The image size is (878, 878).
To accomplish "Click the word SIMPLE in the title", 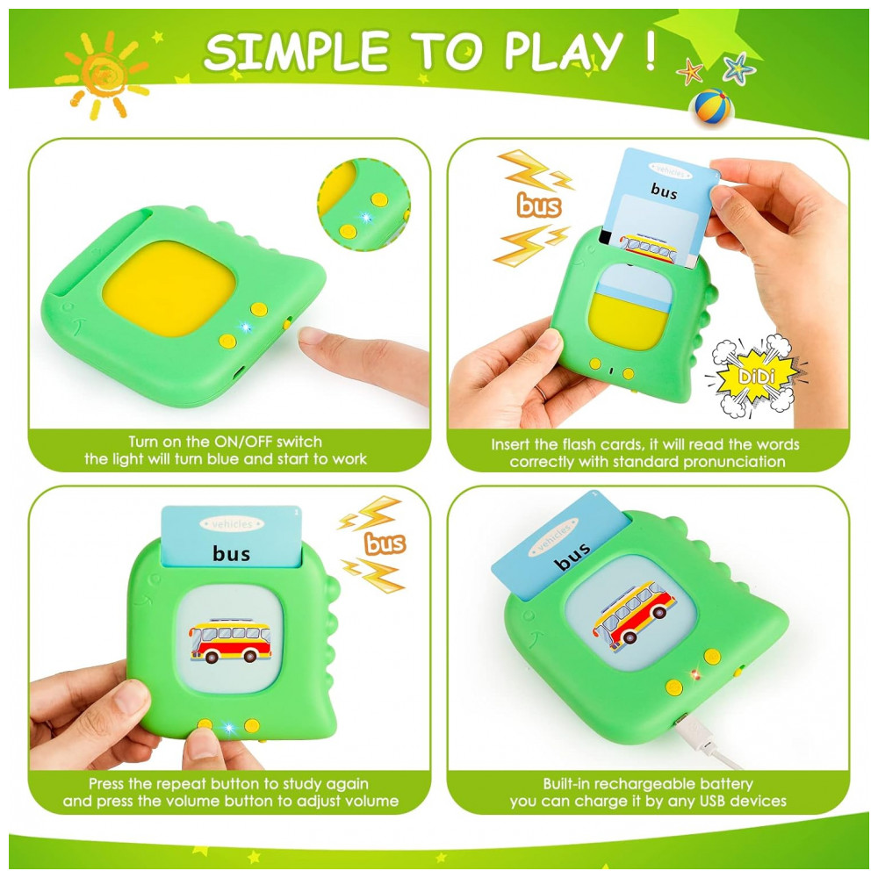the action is coord(296,51).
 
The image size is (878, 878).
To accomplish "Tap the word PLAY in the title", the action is coord(564,51).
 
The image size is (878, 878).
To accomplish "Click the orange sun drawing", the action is coord(103,76).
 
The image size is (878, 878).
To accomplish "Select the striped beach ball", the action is coord(712,106).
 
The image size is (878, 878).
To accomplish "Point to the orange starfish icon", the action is coord(690,72).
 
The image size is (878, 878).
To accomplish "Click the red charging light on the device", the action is coord(696,673).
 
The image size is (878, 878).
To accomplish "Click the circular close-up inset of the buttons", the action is coord(364,205).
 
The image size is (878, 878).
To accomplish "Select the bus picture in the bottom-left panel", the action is coord(230,641).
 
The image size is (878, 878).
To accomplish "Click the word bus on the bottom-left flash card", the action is coord(231,553).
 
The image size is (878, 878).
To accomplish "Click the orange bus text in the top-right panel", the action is coord(539,205).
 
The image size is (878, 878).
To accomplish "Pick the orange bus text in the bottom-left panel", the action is coord(385,543).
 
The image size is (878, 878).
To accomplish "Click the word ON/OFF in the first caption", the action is coord(244,442).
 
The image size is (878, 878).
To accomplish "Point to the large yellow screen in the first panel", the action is coord(169,288).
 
